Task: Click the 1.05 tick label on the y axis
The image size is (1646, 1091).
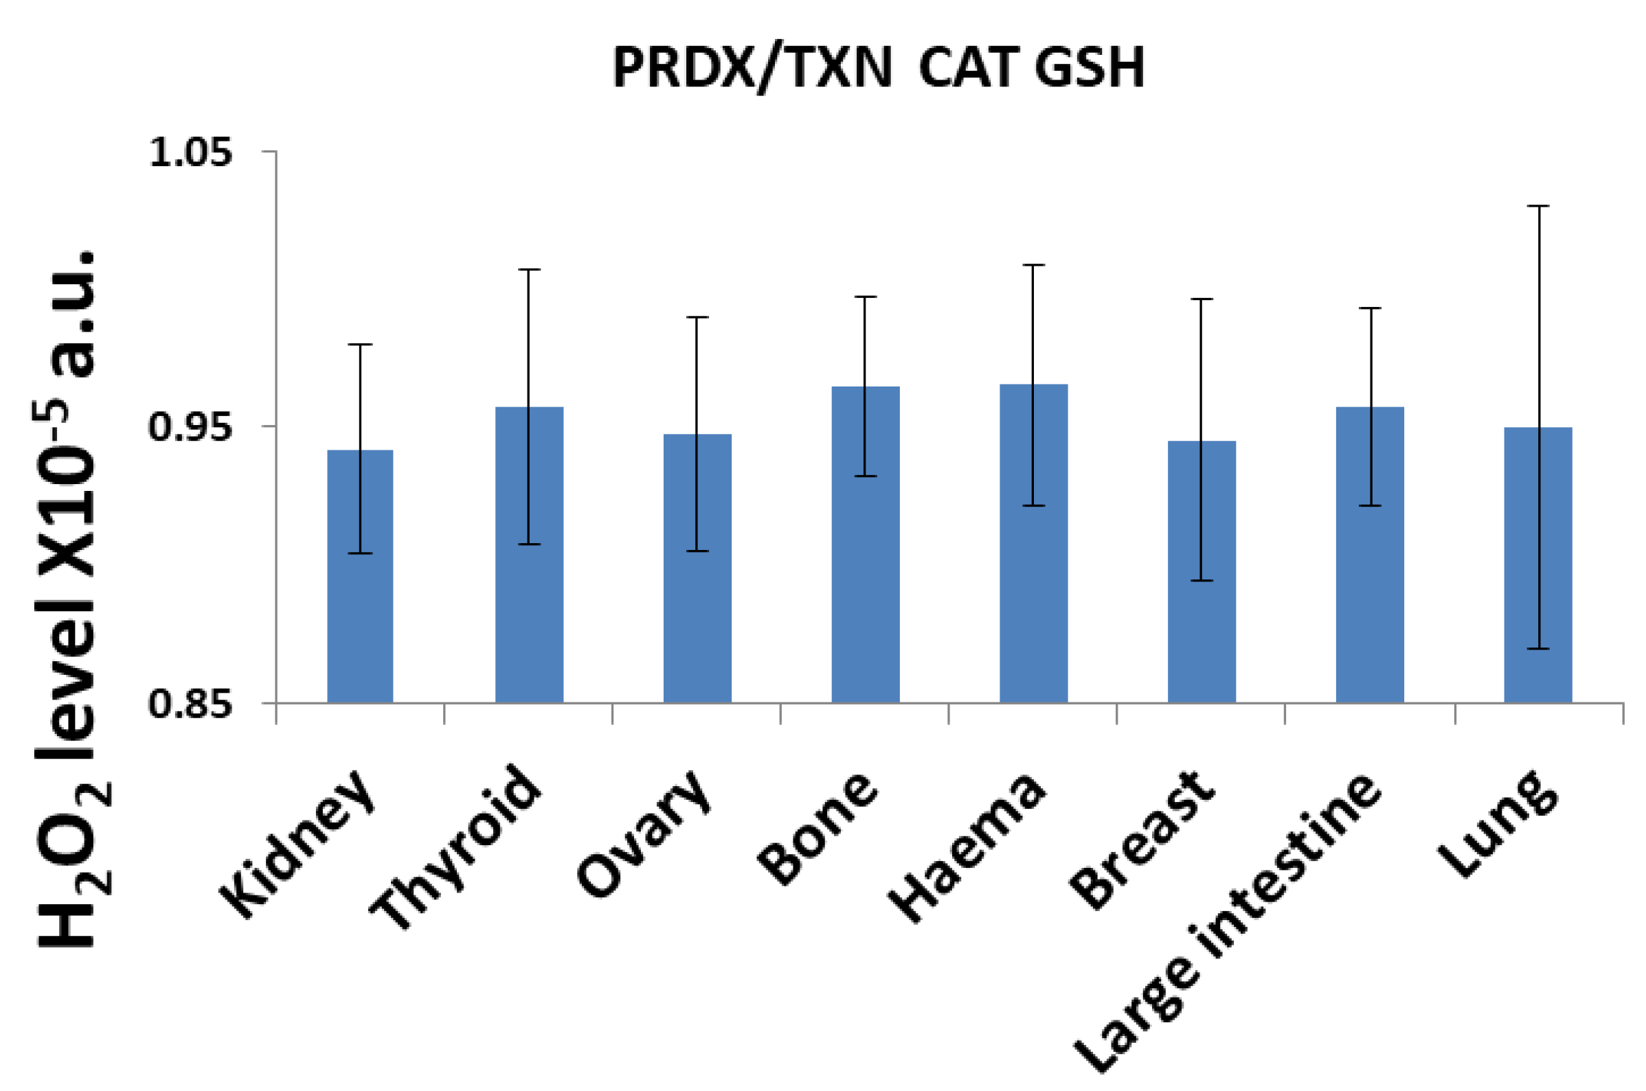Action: (190, 152)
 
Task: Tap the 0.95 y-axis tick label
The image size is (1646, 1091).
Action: (190, 426)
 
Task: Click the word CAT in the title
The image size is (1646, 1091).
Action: (969, 68)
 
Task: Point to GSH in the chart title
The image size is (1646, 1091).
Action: (1089, 68)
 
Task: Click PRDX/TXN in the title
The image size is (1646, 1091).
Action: (752, 68)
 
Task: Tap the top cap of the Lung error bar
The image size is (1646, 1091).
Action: (1538, 206)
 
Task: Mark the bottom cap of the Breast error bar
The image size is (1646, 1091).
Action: (1202, 580)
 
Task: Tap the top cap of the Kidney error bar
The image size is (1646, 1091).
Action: (360, 345)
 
